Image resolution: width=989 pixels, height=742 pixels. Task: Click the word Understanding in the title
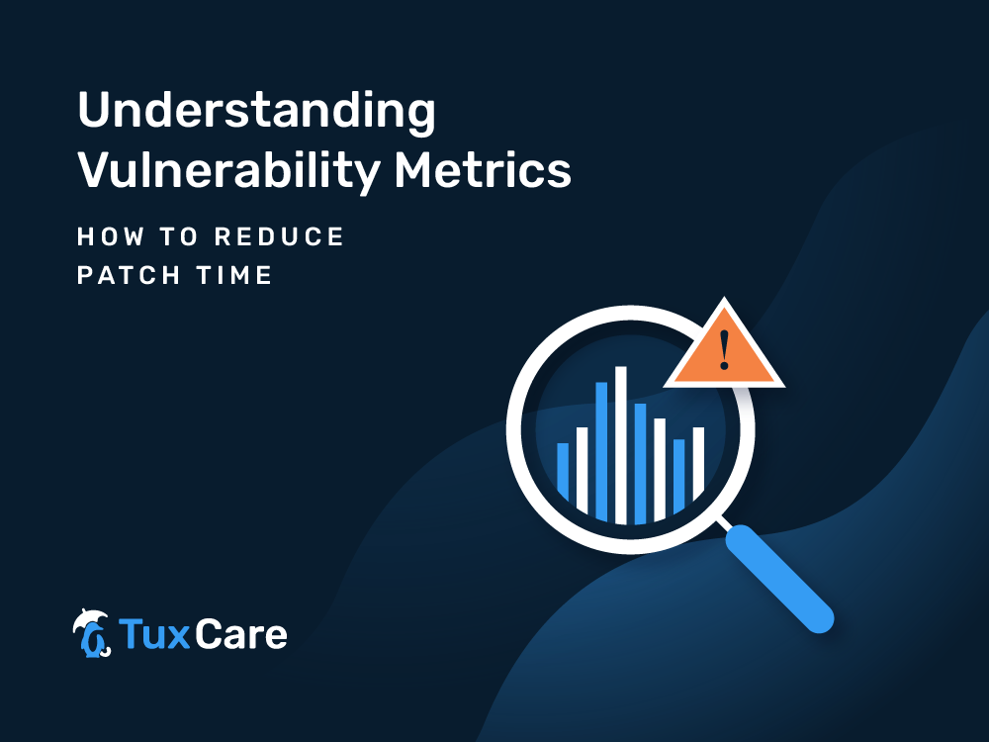pos(256,112)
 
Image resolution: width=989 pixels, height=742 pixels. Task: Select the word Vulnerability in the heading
pos(229,171)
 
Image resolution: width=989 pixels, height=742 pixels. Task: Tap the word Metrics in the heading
pos(483,169)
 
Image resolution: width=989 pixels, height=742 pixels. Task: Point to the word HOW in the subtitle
pos(111,237)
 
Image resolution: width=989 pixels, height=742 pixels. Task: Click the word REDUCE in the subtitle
pos(279,237)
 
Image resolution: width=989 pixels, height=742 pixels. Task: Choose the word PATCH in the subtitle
pos(129,275)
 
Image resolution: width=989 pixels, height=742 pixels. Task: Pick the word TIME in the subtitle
pos(234,275)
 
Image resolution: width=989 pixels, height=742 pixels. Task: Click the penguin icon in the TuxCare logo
pos(92,638)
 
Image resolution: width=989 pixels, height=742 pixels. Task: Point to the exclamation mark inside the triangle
pos(724,349)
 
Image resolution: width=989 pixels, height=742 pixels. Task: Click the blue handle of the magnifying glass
pos(779,579)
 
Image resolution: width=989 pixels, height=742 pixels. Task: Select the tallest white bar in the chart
pos(621,445)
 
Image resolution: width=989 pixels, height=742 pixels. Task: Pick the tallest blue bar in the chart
pos(601,451)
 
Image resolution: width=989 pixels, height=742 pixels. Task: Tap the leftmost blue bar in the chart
pos(563,471)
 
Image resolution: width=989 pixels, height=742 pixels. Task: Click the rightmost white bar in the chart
pos(698,462)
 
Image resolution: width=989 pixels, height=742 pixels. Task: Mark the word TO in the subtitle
pos(179,237)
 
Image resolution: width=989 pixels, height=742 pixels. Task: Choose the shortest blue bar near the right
pos(678,476)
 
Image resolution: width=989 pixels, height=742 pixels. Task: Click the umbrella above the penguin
pos(89,617)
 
